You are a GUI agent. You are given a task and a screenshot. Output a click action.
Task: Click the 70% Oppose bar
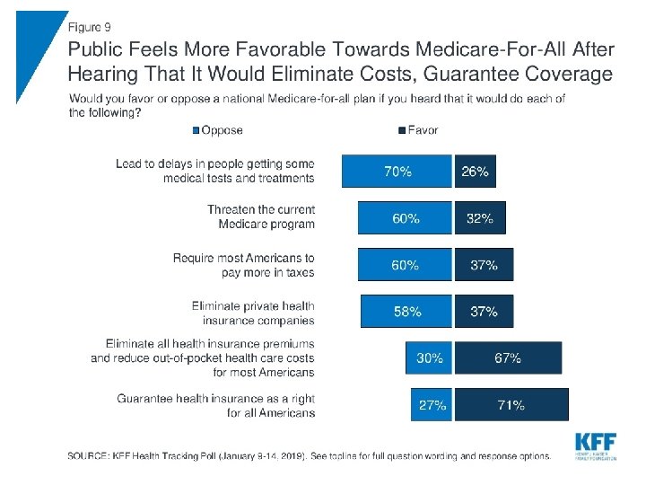pyautogui.click(x=396, y=171)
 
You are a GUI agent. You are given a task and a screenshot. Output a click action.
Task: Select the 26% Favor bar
pyautogui.click(x=475, y=171)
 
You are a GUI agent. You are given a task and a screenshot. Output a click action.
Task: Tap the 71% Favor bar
pyautogui.click(x=512, y=404)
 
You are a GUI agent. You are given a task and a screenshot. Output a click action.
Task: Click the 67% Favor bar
pyautogui.click(x=508, y=357)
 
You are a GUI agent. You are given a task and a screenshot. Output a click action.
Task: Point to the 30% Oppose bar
pyautogui.click(x=429, y=357)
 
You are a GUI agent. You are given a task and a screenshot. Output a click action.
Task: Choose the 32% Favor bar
pyautogui.click(x=480, y=217)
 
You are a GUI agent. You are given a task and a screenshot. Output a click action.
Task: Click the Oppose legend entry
pyautogui.click(x=217, y=130)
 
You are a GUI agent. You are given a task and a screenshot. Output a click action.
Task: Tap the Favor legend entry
pyautogui.click(x=419, y=130)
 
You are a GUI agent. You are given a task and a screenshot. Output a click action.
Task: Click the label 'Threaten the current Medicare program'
pyautogui.click(x=261, y=216)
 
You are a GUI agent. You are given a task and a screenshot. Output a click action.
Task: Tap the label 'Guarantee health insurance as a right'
pyautogui.click(x=216, y=405)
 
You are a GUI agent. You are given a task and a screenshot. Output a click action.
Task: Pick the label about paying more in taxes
pyautogui.click(x=244, y=265)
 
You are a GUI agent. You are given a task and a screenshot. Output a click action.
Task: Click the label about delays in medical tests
pyautogui.click(x=215, y=171)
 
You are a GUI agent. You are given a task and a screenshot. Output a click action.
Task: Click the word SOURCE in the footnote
pyautogui.click(x=92, y=456)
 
